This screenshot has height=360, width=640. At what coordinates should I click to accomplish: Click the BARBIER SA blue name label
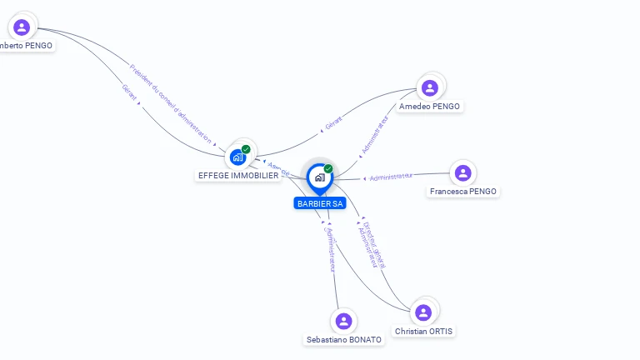319,203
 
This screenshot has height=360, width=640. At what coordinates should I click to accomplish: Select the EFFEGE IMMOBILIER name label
238,176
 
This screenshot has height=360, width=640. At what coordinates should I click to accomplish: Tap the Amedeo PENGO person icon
430,87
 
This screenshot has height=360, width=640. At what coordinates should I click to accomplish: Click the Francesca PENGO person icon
462,173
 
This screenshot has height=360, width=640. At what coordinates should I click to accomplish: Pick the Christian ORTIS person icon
423,312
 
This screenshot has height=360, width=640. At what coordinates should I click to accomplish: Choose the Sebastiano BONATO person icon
343,321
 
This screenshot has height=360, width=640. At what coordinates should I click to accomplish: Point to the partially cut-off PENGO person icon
22,27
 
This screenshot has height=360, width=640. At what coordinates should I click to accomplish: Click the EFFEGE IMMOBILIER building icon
238,156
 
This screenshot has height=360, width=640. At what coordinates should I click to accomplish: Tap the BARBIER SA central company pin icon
319,177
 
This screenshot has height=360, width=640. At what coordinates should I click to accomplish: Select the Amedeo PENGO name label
430,107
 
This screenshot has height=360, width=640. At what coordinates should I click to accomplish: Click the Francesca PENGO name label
462,192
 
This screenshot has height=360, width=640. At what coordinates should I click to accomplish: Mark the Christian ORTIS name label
425,332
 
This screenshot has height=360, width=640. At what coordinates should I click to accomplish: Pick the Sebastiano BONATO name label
344,340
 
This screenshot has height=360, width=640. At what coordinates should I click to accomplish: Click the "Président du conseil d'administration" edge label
171,103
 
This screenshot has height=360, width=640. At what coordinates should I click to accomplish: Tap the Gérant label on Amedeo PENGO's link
333,123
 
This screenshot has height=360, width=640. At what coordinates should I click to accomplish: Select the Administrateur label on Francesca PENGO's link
391,177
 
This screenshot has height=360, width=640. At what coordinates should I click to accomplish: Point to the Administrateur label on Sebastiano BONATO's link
331,249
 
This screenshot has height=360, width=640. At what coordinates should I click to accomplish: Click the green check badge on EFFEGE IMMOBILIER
246,149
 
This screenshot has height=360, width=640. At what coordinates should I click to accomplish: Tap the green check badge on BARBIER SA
328,169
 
